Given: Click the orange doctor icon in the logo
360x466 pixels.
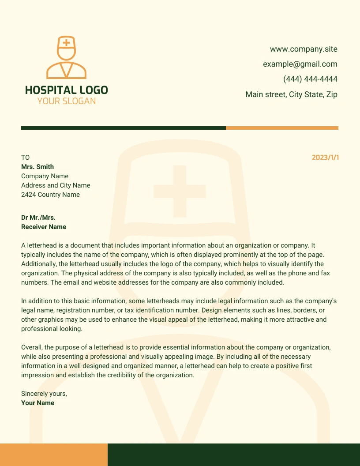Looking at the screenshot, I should (66, 57).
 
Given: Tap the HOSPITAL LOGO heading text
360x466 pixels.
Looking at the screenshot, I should (66, 90).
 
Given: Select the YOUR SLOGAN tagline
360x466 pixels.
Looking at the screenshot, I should (66, 101).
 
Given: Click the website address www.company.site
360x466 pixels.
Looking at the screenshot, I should (304, 49).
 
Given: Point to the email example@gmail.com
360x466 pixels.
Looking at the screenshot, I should (300, 64).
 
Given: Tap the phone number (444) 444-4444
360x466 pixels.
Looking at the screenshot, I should (310, 79).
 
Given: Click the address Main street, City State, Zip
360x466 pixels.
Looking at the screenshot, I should (291, 94).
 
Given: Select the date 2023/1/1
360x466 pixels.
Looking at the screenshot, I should (325, 158).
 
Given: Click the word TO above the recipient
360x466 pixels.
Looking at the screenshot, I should (25, 158).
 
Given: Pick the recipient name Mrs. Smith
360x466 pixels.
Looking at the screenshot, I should (37, 167).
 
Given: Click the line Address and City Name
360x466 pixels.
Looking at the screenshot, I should (56, 185).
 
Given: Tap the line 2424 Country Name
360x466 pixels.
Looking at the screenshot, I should (50, 195).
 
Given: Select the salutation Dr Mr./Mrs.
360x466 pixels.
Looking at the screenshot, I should (38, 218).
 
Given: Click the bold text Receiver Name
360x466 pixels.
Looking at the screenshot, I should (44, 227).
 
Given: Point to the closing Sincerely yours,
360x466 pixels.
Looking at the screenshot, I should (44, 394).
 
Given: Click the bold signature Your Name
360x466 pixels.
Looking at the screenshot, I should (37, 403).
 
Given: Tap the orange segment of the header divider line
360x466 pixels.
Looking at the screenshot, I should (282, 128).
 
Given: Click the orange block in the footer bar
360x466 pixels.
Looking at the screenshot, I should (53, 455).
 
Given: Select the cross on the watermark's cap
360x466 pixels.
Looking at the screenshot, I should (180, 192).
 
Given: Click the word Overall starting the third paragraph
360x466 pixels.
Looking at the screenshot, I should (32, 347).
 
